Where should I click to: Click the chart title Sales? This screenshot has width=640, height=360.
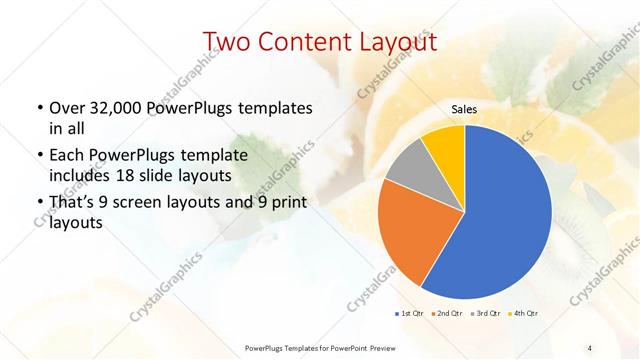coord(465,108)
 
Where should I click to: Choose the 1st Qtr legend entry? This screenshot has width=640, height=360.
coord(410,314)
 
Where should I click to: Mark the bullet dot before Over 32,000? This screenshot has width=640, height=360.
coord(39,108)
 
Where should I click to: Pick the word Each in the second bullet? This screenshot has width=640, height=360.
coord(65,155)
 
